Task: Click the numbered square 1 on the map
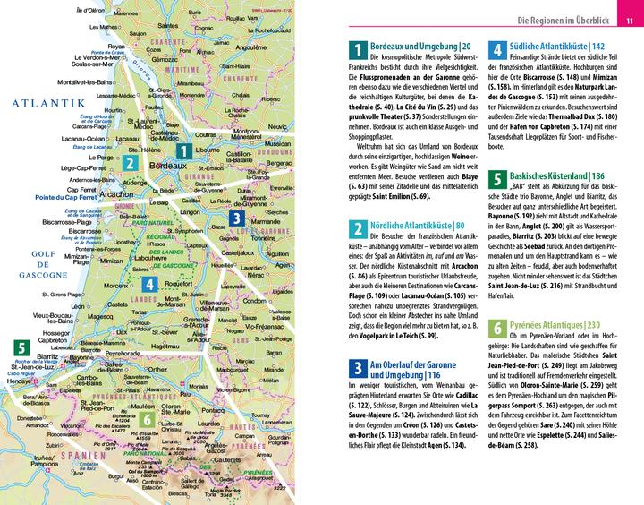click(x=182, y=151)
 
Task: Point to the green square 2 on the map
click(x=131, y=163)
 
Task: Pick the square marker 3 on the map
click(x=234, y=217)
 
